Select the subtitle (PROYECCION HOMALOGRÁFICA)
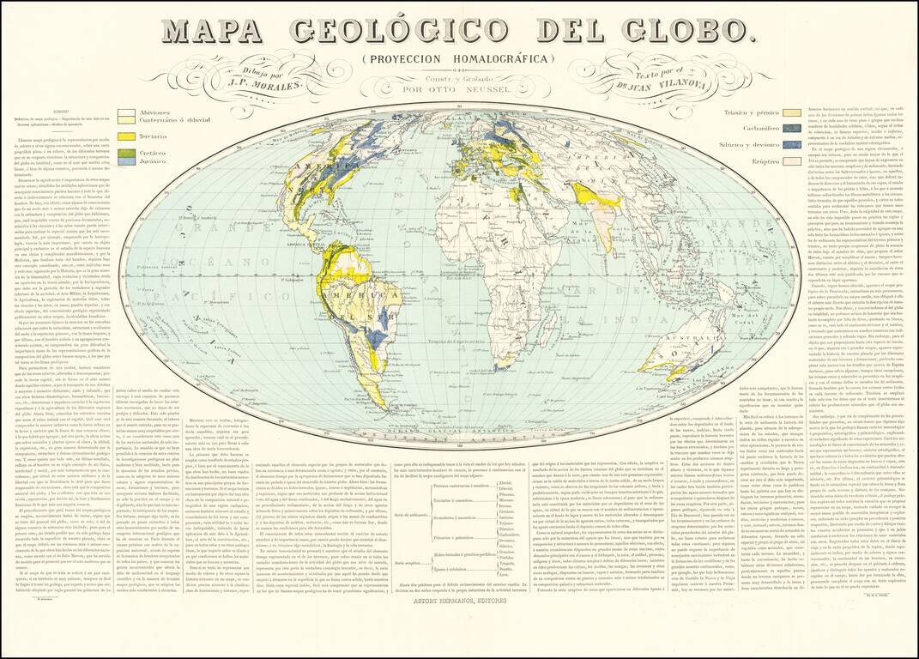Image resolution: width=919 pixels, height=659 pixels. click(458, 58)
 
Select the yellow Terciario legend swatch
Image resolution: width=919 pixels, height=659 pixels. click(126, 137)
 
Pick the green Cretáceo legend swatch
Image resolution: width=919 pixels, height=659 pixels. click(126, 153)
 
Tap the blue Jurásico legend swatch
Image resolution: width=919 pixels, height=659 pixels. click(126, 161)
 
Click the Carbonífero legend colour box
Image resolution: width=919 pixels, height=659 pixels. click(792, 128)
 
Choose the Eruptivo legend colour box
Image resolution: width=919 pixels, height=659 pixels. click(792, 160)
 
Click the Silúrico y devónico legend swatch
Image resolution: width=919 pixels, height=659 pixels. click(792, 144)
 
